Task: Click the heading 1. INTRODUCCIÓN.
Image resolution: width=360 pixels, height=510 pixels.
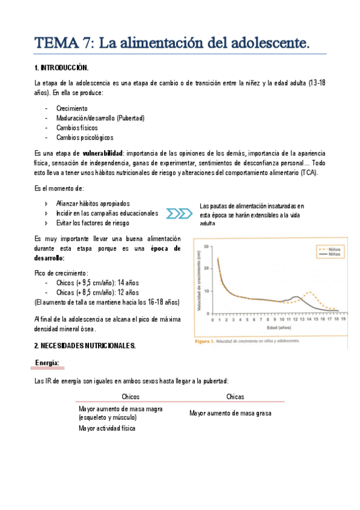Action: (x=62, y=67)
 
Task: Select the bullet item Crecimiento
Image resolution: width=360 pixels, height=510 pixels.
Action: (x=72, y=108)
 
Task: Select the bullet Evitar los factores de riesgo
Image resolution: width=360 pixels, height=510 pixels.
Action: (x=92, y=223)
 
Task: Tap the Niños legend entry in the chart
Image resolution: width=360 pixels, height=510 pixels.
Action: (x=326, y=248)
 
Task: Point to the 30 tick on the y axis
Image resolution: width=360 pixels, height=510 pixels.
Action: (x=206, y=247)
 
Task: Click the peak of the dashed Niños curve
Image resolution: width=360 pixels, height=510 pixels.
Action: (x=310, y=292)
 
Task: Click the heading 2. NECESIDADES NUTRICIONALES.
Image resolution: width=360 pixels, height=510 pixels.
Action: (x=85, y=346)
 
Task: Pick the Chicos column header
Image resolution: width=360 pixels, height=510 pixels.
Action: (x=130, y=396)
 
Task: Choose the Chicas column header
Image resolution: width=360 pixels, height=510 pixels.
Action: (x=235, y=396)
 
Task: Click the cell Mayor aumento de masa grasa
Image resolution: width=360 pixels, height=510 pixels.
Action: (x=230, y=413)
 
